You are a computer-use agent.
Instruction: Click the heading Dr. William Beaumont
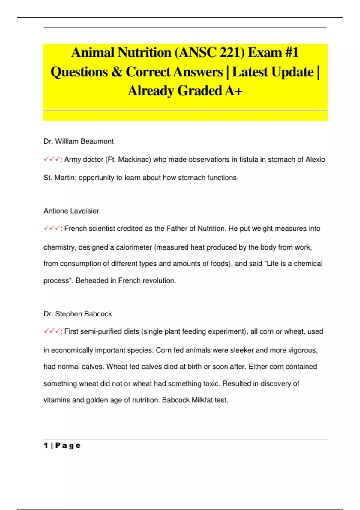79,141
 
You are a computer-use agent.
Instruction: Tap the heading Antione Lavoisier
71,211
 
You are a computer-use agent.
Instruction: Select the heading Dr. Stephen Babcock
78,314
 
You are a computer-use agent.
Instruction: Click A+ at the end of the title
234,91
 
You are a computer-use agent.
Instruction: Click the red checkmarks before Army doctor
52,159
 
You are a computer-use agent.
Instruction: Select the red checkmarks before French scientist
52,228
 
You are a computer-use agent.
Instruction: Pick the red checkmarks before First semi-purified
52,331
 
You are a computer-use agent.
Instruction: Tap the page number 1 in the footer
46,445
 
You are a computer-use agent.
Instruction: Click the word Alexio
315,160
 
